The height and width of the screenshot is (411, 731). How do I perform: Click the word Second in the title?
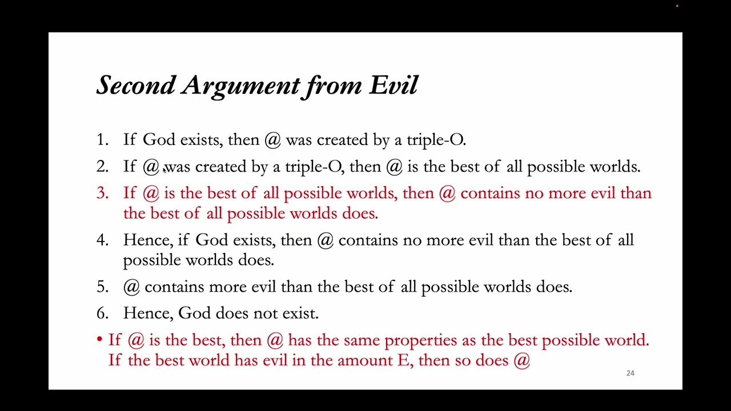(x=136, y=86)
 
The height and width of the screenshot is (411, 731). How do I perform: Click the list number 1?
(x=102, y=140)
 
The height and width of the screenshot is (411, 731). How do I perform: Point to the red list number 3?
(x=102, y=194)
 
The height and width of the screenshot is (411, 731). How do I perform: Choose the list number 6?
(x=102, y=313)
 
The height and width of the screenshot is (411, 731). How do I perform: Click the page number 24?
(x=630, y=373)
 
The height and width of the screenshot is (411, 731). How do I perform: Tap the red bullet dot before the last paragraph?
(x=99, y=340)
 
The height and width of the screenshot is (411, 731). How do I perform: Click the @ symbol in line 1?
(x=272, y=140)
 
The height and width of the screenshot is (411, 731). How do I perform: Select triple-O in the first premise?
(x=436, y=140)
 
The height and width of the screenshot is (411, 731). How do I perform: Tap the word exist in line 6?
(x=302, y=313)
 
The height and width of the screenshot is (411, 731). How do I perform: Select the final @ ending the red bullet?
(x=522, y=361)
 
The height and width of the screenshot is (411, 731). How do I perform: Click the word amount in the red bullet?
(x=364, y=361)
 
